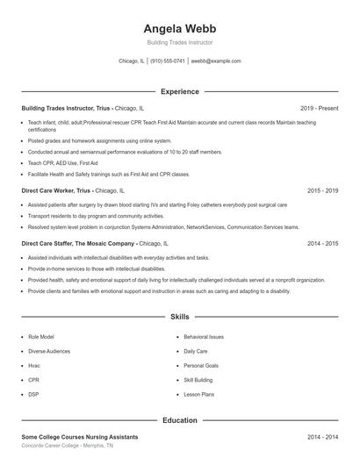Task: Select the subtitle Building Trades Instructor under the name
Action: click(179, 42)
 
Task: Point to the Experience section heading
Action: click(179, 91)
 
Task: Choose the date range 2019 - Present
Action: click(319, 108)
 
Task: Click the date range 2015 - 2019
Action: click(323, 190)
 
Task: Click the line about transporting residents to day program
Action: click(96, 215)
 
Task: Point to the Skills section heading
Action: click(179, 316)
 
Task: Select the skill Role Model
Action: click(40, 336)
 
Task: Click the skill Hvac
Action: click(34, 365)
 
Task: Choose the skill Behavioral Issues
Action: click(204, 336)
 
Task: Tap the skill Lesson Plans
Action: click(198, 395)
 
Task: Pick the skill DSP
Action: click(33, 395)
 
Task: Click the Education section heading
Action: click(179, 420)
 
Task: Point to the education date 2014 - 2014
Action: click(323, 437)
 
